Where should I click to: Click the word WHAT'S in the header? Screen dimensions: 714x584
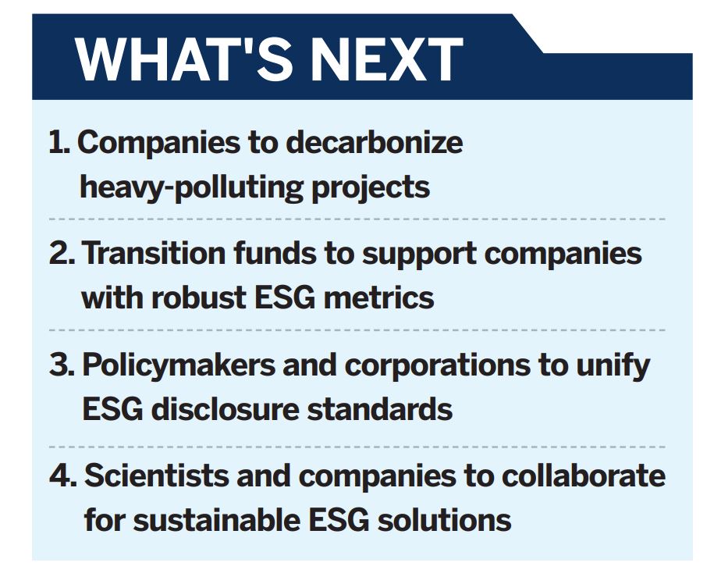tap(184, 59)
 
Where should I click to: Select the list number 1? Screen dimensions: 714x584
tap(59, 142)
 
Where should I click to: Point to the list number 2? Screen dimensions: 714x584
tap(62, 253)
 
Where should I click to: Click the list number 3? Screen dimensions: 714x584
tap(62, 365)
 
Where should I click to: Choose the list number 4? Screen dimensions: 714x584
tap(63, 475)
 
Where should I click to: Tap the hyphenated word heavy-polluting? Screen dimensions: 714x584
tap(192, 187)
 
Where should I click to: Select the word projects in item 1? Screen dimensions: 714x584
tap(371, 187)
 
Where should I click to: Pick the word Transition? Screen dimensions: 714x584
tap(154, 253)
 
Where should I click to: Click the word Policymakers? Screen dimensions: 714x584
tap(179, 365)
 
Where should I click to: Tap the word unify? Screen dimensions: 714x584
tap(613, 365)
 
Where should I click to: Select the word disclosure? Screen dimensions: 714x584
tap(225, 409)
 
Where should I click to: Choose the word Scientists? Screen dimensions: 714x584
tap(157, 475)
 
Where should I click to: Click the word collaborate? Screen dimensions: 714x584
tap(584, 475)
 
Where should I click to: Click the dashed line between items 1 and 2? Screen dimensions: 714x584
tap(357, 219)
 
